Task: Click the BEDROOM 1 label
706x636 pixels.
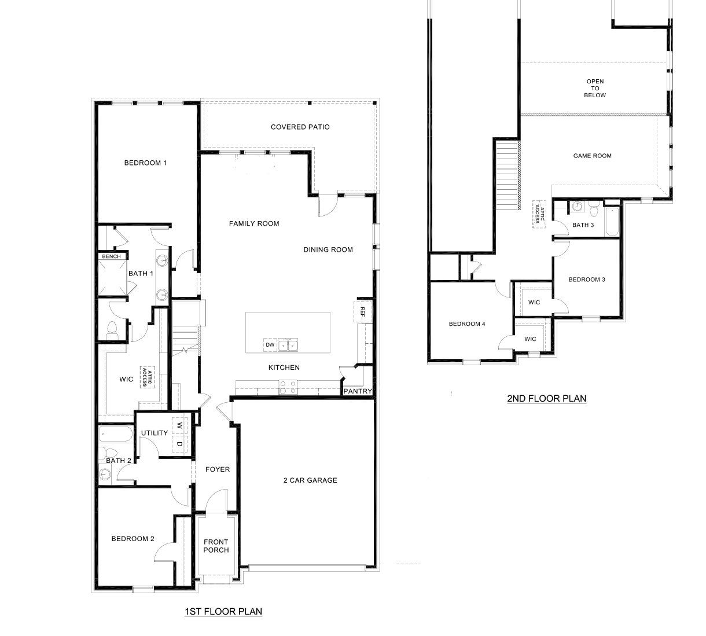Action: (x=145, y=163)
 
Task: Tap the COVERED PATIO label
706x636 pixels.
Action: (x=300, y=127)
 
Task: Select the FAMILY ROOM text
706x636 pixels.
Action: (x=254, y=223)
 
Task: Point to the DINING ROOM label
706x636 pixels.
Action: (x=328, y=250)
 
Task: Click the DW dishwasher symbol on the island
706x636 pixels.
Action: (x=270, y=345)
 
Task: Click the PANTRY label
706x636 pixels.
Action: (x=358, y=391)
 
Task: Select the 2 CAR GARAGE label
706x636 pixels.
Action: (x=310, y=480)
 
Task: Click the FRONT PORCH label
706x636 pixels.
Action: (x=216, y=546)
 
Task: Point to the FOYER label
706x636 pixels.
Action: (x=218, y=469)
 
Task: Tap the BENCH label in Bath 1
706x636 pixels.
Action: (x=111, y=256)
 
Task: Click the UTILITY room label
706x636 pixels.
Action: (x=155, y=433)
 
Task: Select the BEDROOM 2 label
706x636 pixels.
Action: (x=133, y=539)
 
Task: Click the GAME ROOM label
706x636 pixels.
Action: (x=592, y=156)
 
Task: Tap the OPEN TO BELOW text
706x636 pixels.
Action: (x=595, y=89)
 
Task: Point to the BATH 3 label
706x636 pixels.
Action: (x=583, y=225)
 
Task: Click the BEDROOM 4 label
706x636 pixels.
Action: (x=467, y=324)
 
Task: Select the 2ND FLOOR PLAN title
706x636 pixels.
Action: (x=546, y=398)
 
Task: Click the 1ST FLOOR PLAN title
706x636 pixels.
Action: (x=223, y=611)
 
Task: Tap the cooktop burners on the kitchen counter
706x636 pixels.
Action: (x=288, y=387)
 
